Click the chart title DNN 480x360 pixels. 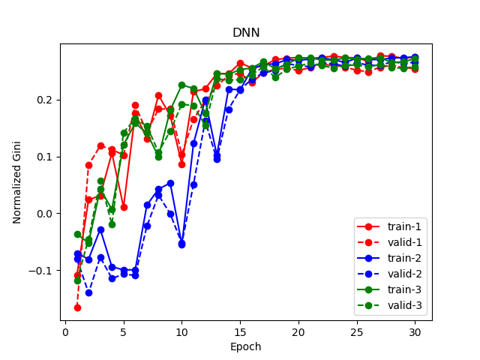pos(246,33)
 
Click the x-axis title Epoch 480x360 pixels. pos(246,347)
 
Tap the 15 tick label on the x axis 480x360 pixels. pos(240,331)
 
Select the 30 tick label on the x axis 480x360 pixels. pos(415,331)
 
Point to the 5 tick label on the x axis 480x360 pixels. pos(124,331)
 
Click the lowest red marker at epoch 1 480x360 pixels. pos(77,307)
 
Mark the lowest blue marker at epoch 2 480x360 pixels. pos(88,292)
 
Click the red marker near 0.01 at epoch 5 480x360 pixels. pos(124,207)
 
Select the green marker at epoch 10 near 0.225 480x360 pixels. pos(181,85)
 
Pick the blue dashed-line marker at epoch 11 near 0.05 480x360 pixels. pos(193,184)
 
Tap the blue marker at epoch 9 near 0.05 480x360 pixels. pos(170,183)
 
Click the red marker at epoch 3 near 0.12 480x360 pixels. pos(100,145)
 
